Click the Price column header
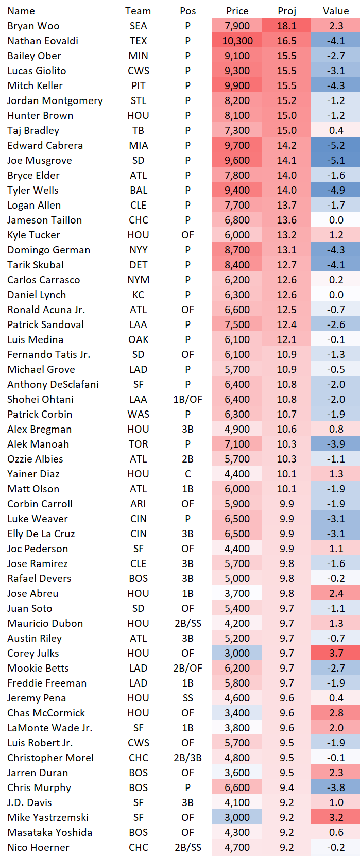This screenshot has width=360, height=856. point(237,11)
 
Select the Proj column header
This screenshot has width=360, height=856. point(287,11)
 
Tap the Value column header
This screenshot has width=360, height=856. point(336,11)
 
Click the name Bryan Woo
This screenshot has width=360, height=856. point(33,26)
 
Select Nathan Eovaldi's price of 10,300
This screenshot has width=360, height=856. point(237,41)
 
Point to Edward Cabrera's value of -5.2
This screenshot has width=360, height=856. point(336,145)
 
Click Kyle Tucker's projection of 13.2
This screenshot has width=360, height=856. point(287,235)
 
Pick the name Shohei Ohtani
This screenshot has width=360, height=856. point(40,399)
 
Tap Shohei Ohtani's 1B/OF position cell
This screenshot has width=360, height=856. point(188,399)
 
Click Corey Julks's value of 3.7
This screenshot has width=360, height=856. point(336,653)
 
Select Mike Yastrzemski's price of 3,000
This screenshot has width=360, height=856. point(237,817)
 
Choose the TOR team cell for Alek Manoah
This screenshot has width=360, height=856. point(139,444)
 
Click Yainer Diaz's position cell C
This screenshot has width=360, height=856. point(188,474)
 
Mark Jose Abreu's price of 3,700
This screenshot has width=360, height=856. point(237,593)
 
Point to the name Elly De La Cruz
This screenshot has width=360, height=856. point(41,534)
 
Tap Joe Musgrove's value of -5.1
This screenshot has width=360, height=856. point(336,160)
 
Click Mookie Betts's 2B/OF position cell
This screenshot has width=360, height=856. point(188,668)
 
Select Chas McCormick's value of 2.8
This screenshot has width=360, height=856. point(336,713)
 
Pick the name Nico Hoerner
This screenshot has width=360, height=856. point(38,847)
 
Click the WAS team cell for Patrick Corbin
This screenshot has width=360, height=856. point(139,414)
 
